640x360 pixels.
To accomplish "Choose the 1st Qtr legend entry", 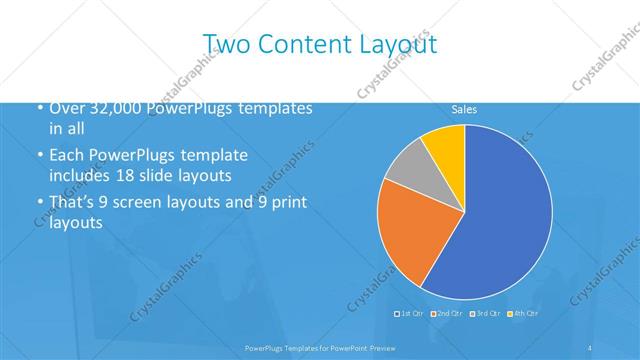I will pyautogui.click(x=409, y=314).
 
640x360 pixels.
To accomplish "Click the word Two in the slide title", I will pyautogui.click(x=226, y=43).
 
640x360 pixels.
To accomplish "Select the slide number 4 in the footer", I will pyautogui.click(x=590, y=347).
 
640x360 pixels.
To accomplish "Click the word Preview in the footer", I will pyautogui.click(x=376, y=347).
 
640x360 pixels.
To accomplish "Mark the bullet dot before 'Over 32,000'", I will pyautogui.click(x=38, y=108).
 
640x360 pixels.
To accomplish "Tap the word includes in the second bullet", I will pyautogui.click(x=81, y=174).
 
